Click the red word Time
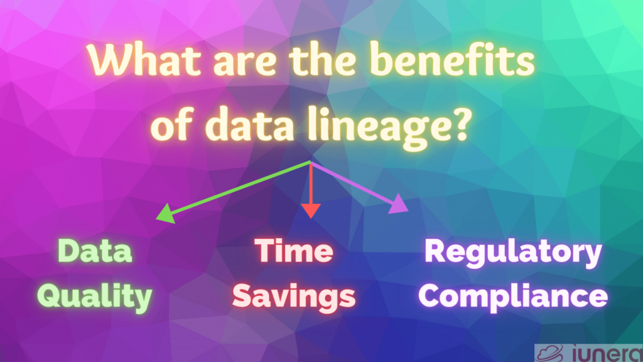click(x=294, y=251)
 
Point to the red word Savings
click(x=294, y=295)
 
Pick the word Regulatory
click(x=513, y=251)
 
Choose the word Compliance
click(x=513, y=295)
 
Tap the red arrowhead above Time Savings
click(x=309, y=210)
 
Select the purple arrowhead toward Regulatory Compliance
click(x=399, y=206)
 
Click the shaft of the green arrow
click(x=239, y=188)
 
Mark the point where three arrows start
click(x=310, y=162)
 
